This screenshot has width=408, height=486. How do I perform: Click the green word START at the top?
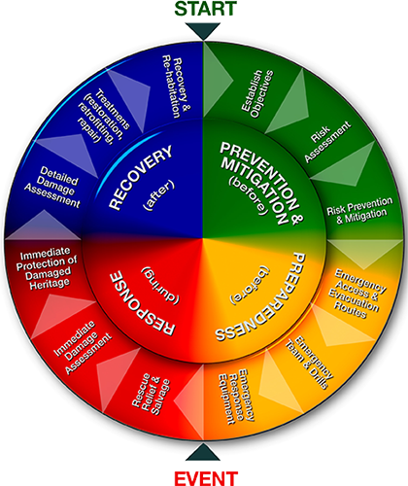pos(206,9)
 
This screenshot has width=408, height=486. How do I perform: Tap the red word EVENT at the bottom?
pos(206,478)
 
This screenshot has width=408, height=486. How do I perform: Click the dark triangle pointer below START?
pos(203,31)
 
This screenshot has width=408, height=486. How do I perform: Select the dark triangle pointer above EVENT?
pos(203,452)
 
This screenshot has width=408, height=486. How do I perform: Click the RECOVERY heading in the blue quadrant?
pos(140,178)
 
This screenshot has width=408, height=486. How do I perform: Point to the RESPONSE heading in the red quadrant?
pos(142,303)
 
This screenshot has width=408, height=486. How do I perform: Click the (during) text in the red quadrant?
pos(160,286)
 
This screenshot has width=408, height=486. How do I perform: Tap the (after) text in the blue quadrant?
pos(158,195)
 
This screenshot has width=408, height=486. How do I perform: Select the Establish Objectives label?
pos(257,93)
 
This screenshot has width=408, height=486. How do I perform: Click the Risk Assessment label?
pos(327,142)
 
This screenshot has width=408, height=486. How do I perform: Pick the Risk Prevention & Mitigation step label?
pos(359,211)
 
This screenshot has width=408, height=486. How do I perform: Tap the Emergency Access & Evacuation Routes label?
pos(357,294)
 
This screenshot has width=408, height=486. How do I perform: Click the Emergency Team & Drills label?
pos(309,363)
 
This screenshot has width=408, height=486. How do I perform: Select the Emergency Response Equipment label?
pos(237,396)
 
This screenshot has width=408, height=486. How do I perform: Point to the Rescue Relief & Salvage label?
pos(152,394)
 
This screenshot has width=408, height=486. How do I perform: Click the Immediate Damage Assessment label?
pos(83,347)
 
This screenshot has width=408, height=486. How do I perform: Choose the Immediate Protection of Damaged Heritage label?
pos(48,268)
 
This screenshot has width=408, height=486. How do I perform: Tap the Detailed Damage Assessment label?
pos(53,188)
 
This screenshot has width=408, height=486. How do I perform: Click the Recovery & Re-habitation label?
pos(176,87)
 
